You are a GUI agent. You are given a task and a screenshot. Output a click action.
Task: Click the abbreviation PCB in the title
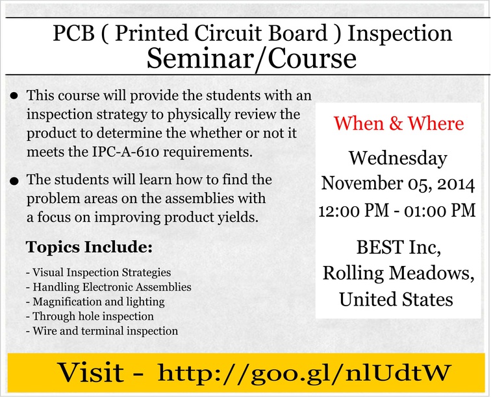tap(74, 33)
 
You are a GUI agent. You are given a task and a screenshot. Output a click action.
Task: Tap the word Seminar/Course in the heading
tap(251, 59)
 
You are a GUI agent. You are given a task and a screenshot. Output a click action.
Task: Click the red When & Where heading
tap(398, 123)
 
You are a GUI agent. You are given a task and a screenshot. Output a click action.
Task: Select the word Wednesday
tap(398, 159)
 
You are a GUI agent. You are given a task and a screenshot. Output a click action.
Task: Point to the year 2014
tap(456, 184)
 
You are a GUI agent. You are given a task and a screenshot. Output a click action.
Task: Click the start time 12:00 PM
tap(354, 211)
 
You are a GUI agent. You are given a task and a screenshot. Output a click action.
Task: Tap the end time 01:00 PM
tap(440, 211)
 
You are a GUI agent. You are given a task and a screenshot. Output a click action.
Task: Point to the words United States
tap(396, 300)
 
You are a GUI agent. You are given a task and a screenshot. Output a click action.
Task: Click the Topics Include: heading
tap(89, 247)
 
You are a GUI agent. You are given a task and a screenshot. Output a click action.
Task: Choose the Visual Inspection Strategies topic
tap(99, 272)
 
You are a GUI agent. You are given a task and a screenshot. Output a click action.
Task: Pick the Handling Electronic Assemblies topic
tap(108, 287)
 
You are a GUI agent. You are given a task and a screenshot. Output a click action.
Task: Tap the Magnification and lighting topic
tap(95, 302)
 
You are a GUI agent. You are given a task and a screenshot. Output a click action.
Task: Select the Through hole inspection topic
tap(90, 317)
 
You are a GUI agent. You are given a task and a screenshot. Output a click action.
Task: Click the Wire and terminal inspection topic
tap(102, 331)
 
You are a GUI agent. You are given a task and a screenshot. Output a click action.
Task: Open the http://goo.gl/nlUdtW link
tap(304, 373)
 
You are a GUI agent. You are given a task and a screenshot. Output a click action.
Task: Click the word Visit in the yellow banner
tap(91, 372)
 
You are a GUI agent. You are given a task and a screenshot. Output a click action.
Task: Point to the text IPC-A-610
tap(126, 152)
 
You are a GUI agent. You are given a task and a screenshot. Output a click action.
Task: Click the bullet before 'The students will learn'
tap(14, 182)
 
